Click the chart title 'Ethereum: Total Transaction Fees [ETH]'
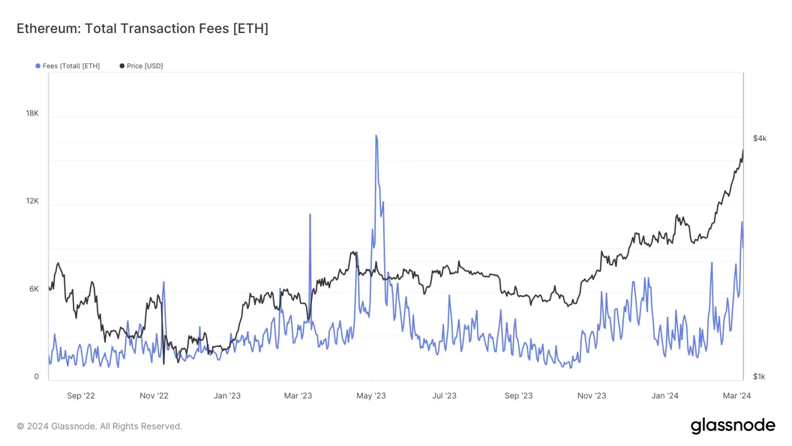tap(142, 28)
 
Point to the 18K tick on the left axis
tap(32, 113)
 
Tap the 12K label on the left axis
tap(32, 201)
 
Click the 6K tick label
tap(34, 289)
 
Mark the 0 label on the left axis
tap(36, 376)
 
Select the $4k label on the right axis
tap(760, 138)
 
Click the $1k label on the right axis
tap(759, 376)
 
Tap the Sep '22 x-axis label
tap(81, 396)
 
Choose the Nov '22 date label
tap(154, 396)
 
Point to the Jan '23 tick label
tap(227, 396)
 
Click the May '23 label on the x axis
tap(371, 396)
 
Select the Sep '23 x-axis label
tap(519, 396)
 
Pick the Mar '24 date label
tap(737, 396)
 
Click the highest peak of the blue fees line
tap(376, 136)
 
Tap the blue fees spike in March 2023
tap(310, 214)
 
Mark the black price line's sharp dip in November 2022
tap(164, 363)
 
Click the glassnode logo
tap(733, 426)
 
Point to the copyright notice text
tap(100, 426)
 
